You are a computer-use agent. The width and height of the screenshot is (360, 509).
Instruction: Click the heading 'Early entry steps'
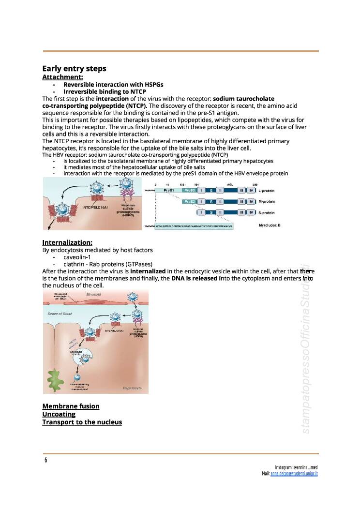[x=74, y=69]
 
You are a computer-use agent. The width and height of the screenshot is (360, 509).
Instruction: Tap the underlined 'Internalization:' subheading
[x=67, y=242]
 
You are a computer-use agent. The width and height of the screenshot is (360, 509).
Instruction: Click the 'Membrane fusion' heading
[x=71, y=406]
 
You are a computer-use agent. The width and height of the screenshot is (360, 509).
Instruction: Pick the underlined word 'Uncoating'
[x=59, y=414]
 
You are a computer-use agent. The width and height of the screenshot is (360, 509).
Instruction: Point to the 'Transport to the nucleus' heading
[x=82, y=422]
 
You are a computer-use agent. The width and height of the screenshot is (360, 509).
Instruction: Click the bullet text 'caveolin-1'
[x=77, y=257]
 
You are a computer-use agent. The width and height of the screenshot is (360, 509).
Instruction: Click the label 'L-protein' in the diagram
[x=267, y=191]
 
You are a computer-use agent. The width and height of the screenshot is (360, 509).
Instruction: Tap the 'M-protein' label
[x=267, y=201]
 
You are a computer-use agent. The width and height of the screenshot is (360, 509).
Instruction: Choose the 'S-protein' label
[x=267, y=212]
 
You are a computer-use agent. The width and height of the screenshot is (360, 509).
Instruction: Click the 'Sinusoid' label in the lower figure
[x=94, y=294]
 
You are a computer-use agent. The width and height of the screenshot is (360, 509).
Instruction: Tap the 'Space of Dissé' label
[x=60, y=314]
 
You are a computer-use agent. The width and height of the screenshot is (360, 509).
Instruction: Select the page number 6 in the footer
[x=46, y=460]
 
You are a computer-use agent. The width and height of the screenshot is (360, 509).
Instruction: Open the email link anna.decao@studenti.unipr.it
[x=294, y=474]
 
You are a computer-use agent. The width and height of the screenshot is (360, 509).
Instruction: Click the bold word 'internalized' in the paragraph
[x=148, y=271]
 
